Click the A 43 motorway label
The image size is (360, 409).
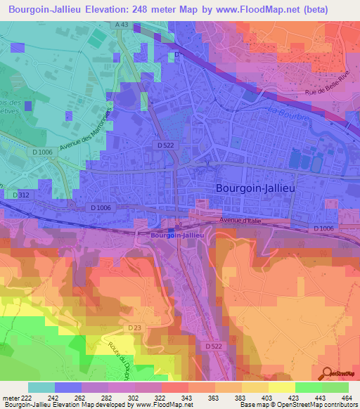coord(122,25)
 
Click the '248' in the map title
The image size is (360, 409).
coord(152,9)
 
